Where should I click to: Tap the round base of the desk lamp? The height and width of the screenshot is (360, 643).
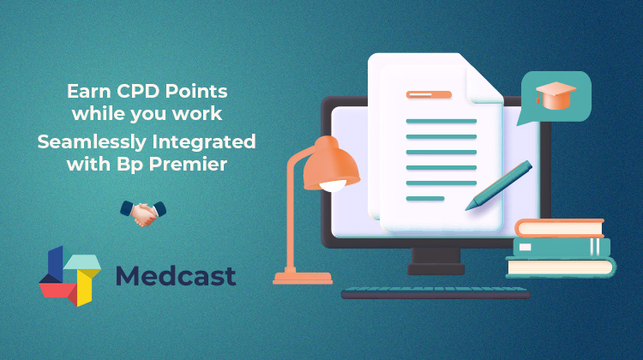pos(301,278)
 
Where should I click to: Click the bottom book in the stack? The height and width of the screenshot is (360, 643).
pos(561,267)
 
